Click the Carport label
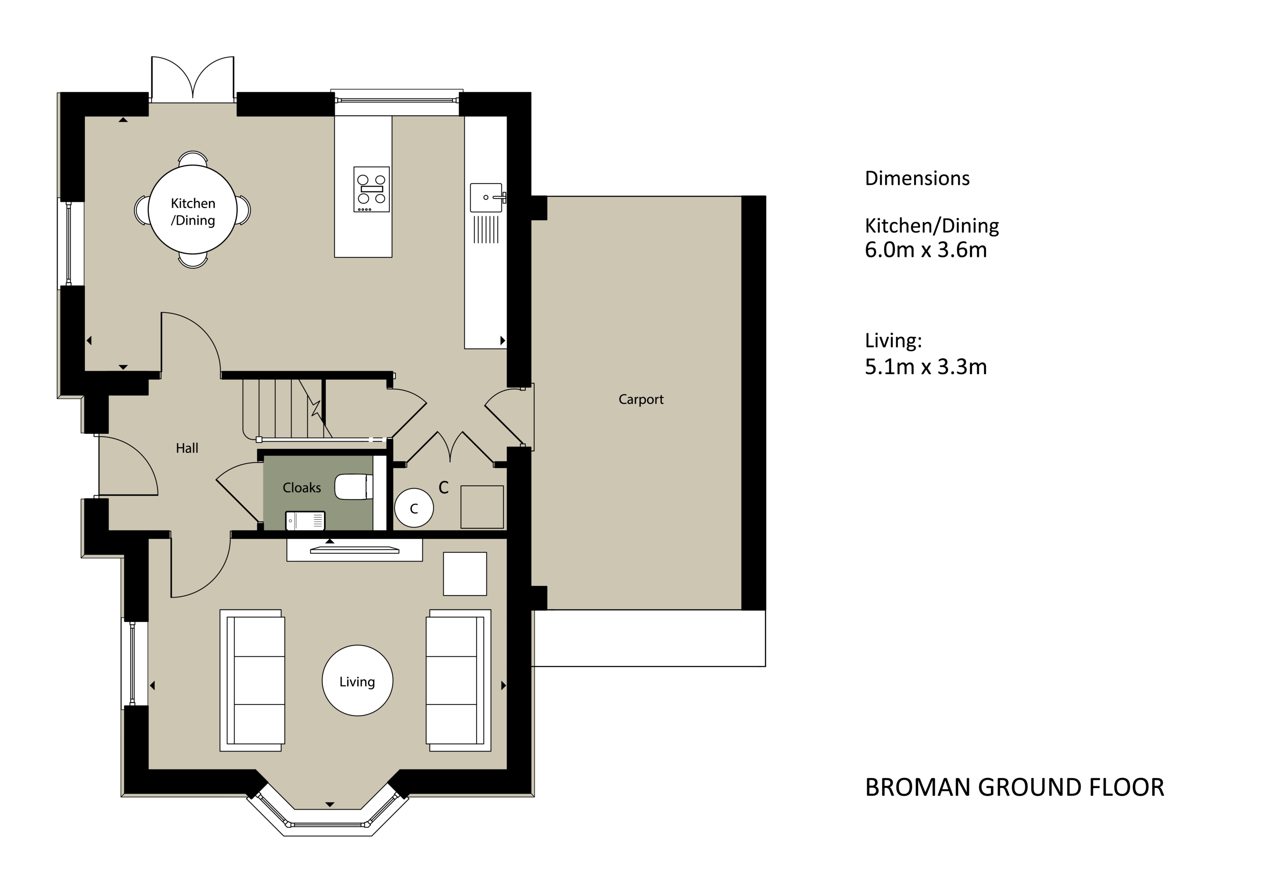click(640, 399)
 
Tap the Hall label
click(187, 448)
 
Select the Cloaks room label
click(302, 488)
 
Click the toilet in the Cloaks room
click(354, 486)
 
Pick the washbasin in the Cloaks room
click(305, 520)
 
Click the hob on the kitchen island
click(371, 189)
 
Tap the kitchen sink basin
click(486, 197)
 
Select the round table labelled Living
click(357, 681)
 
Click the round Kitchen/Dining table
click(193, 209)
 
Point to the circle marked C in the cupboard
click(414, 508)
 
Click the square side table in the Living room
click(465, 574)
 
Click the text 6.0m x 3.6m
click(926, 250)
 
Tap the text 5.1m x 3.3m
click(926, 367)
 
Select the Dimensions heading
click(917, 178)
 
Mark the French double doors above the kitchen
click(193, 80)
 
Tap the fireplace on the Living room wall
click(354, 550)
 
